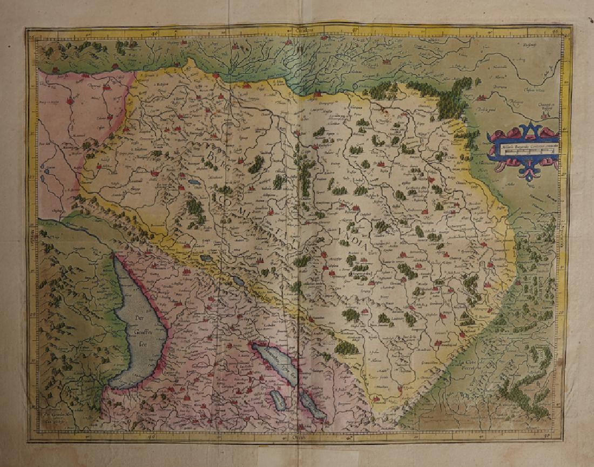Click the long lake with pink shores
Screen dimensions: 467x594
(x=275, y=364)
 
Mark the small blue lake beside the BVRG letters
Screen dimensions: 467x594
(x=194, y=182)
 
